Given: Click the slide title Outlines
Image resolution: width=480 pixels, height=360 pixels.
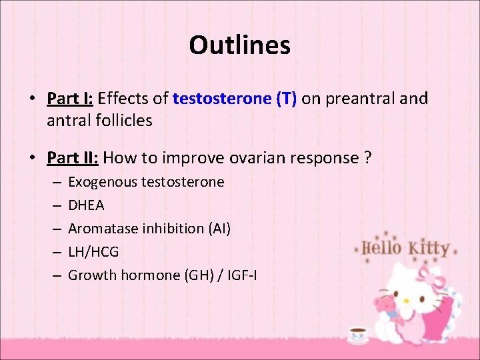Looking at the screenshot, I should tap(239, 45).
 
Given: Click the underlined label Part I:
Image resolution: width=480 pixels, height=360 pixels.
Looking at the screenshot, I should tap(70, 99).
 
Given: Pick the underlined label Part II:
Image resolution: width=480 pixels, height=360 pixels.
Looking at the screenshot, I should tap(73, 158).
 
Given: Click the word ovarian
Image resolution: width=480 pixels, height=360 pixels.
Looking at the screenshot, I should tap(258, 158).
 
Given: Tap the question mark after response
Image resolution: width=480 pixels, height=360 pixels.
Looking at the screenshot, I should tap(368, 158).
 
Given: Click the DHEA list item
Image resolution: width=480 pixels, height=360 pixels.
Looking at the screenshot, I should tap(86, 205).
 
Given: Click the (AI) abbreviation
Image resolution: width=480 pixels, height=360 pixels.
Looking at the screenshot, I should tap(219, 229).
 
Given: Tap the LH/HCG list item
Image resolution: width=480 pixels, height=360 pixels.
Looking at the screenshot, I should tap(93, 251).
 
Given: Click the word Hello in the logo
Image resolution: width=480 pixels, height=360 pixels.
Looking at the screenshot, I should tap(382, 249).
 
